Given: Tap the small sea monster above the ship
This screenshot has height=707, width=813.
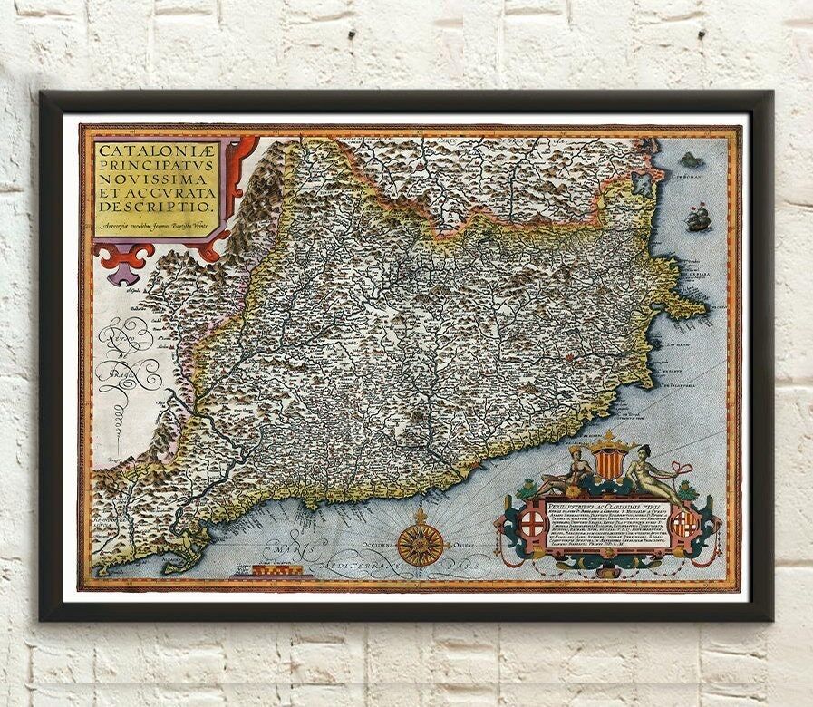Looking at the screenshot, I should [x=692, y=160].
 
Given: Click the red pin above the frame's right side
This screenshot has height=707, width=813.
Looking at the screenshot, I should [x=702, y=34].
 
